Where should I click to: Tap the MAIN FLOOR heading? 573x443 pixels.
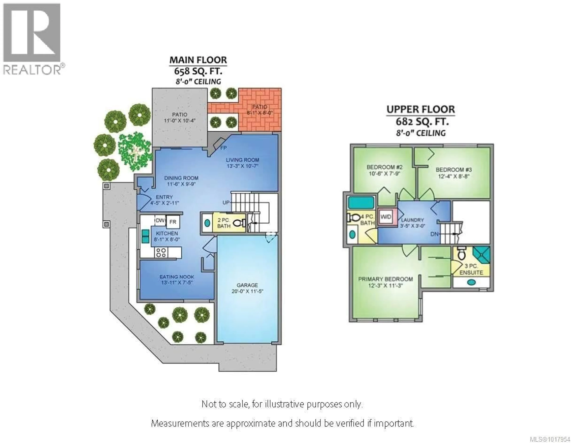[x=198, y=60]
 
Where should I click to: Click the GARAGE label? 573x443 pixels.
[x=247, y=285]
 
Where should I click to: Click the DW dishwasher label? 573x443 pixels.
[x=160, y=221]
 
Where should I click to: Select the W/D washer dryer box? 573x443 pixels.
[x=386, y=217]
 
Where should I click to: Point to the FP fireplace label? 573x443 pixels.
[x=223, y=148]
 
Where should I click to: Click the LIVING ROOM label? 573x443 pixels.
[x=242, y=160]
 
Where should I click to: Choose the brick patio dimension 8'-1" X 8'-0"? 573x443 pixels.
[x=260, y=113]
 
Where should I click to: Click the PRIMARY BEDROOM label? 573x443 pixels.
[x=385, y=279]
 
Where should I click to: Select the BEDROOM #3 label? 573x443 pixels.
[x=454, y=170]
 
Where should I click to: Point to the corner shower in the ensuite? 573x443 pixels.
[x=481, y=254]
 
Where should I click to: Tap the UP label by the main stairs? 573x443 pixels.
[x=226, y=203]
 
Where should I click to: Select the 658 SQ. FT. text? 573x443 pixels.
[x=198, y=71]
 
